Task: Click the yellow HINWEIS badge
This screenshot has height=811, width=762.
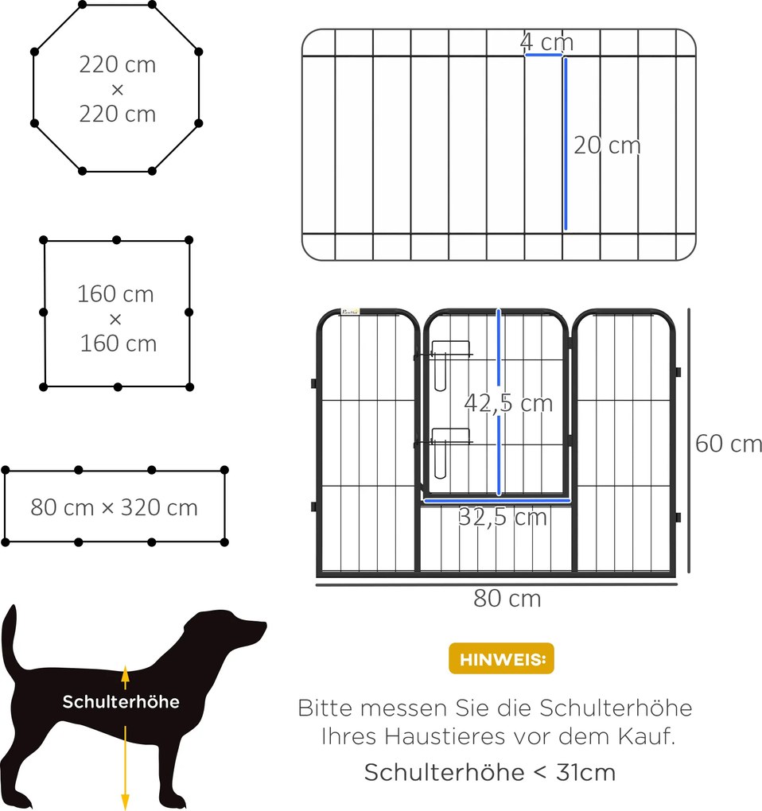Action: click(501, 658)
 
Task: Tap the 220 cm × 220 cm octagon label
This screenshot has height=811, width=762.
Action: click(118, 89)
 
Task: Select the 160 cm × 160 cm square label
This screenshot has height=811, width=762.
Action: click(116, 319)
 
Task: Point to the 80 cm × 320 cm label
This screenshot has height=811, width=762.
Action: click(115, 507)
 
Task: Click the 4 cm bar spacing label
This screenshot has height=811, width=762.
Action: click(546, 41)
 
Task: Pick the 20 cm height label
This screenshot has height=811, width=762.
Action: click(607, 146)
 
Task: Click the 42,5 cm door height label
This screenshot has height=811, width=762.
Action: click(508, 403)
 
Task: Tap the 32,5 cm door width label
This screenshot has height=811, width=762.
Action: click(502, 518)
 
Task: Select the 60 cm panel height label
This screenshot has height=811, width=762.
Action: click(728, 443)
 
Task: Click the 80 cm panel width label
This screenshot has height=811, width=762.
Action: click(507, 598)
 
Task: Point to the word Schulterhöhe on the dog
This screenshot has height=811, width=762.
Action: click(121, 702)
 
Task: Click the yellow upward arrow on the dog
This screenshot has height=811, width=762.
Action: click(125, 677)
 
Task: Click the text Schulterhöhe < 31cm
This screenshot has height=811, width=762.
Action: click(490, 771)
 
